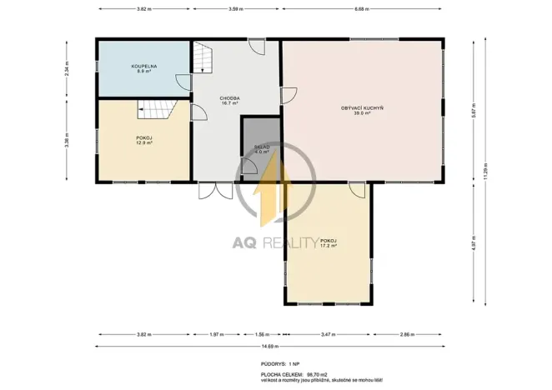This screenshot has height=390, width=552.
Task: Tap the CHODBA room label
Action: [231, 98]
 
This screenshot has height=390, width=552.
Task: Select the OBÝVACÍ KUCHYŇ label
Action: [361, 109]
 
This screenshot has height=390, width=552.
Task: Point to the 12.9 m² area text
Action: [144, 143]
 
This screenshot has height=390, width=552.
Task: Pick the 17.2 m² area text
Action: [328, 246]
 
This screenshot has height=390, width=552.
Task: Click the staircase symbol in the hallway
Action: [204, 58]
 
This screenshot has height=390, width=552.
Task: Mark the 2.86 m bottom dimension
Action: [406, 334]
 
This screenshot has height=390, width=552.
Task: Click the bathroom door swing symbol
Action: [182, 82]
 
